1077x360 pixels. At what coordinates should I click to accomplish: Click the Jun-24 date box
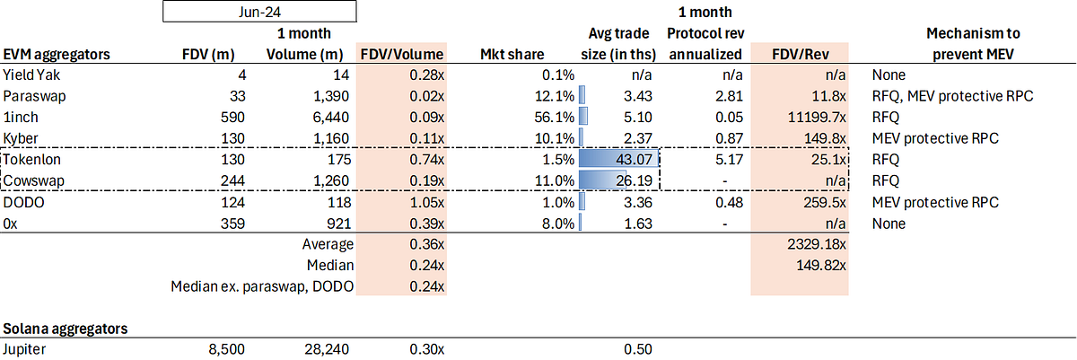259,12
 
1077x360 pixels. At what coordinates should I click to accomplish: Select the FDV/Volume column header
402,54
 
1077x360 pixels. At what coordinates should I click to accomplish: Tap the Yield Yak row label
31,75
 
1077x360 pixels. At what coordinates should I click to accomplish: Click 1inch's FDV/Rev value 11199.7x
817,118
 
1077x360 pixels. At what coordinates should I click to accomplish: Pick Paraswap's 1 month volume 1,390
331,96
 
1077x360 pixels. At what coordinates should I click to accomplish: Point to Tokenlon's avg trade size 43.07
635,160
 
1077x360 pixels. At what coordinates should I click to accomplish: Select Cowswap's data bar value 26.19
635,180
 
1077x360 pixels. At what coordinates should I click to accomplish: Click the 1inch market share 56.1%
555,118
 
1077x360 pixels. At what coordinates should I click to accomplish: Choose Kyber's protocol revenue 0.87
729,138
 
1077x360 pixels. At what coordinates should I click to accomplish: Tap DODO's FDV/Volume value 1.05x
427,202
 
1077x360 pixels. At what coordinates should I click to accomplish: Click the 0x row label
10,224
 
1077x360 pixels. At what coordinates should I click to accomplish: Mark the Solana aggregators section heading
66,329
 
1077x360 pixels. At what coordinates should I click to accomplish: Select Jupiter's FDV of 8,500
226,349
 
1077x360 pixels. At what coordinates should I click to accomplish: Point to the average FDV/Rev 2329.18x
817,244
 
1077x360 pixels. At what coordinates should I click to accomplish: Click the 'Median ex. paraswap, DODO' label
262,286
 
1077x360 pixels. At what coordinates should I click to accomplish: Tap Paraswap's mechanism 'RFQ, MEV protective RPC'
952,96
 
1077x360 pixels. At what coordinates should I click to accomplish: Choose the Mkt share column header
512,54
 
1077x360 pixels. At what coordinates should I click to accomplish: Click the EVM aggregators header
57,54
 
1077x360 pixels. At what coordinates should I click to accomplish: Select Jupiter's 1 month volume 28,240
327,349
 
